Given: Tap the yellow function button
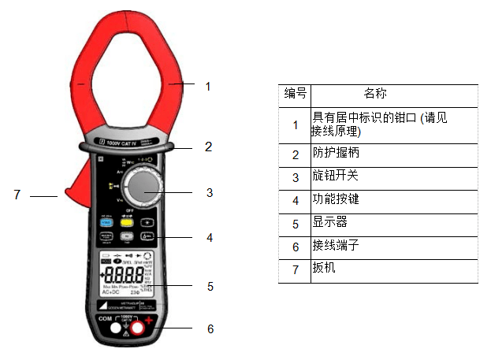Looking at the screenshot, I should (125, 222).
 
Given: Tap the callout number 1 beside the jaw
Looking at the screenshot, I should (208, 86).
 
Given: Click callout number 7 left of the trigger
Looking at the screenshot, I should (17, 194).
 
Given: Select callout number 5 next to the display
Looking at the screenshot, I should (210, 286).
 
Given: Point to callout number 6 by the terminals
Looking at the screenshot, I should (210, 328).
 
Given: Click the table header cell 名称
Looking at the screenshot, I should (375, 94).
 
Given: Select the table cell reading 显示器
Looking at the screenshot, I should (331, 223).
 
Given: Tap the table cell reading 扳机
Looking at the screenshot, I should (325, 269).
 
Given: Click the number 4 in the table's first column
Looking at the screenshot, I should (296, 200).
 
